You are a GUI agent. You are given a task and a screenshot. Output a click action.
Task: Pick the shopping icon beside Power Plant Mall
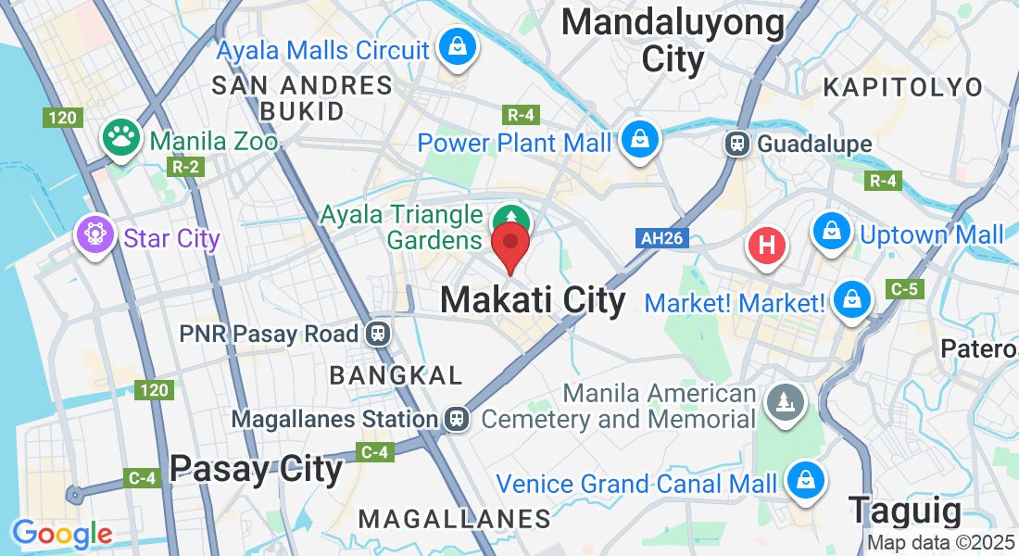(x=639, y=140)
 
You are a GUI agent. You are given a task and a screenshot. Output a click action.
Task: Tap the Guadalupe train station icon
(x=738, y=144)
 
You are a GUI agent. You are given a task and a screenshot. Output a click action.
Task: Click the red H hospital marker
(x=767, y=246)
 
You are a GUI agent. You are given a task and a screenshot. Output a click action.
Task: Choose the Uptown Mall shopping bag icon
(x=832, y=232)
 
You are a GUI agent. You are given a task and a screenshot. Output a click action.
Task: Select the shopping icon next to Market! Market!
(x=849, y=298)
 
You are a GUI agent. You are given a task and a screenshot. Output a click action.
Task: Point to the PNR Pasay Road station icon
(x=377, y=334)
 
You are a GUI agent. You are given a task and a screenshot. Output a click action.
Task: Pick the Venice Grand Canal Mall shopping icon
(x=805, y=480)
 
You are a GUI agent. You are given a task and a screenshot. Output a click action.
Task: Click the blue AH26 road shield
(x=662, y=238)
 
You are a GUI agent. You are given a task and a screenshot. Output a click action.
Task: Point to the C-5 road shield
(x=903, y=290)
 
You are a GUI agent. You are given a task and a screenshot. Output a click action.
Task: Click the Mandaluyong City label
(x=673, y=42)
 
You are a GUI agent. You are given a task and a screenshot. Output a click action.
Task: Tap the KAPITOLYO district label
(x=903, y=87)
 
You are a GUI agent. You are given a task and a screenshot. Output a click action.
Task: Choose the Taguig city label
(x=906, y=511)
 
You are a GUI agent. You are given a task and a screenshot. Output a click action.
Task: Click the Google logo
(x=62, y=534)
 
